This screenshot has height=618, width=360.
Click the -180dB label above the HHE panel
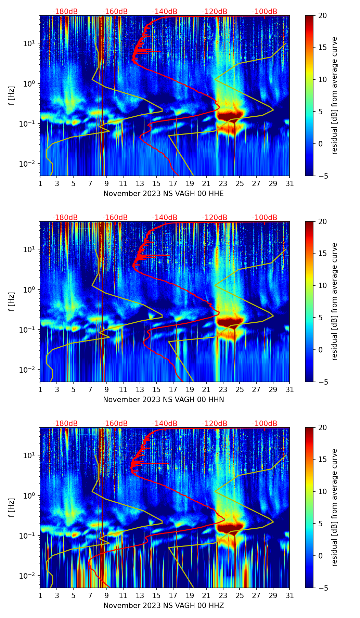click(65, 12)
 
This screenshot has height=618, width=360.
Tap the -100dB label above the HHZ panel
click(265, 424)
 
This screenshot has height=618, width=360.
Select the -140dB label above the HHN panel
click(165, 218)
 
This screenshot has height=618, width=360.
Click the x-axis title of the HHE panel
click(163, 194)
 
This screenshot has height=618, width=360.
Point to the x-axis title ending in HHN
click(163, 400)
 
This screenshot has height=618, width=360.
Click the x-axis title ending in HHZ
click(163, 606)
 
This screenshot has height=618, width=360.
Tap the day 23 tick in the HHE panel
click(223, 183)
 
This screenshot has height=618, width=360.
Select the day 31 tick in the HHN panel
click(290, 389)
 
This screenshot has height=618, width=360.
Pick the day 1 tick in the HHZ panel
click(40, 595)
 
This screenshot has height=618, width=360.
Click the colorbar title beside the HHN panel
click(334, 301)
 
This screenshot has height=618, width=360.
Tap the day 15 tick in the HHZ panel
click(157, 595)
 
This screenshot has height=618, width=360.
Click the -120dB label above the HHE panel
click(215, 12)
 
